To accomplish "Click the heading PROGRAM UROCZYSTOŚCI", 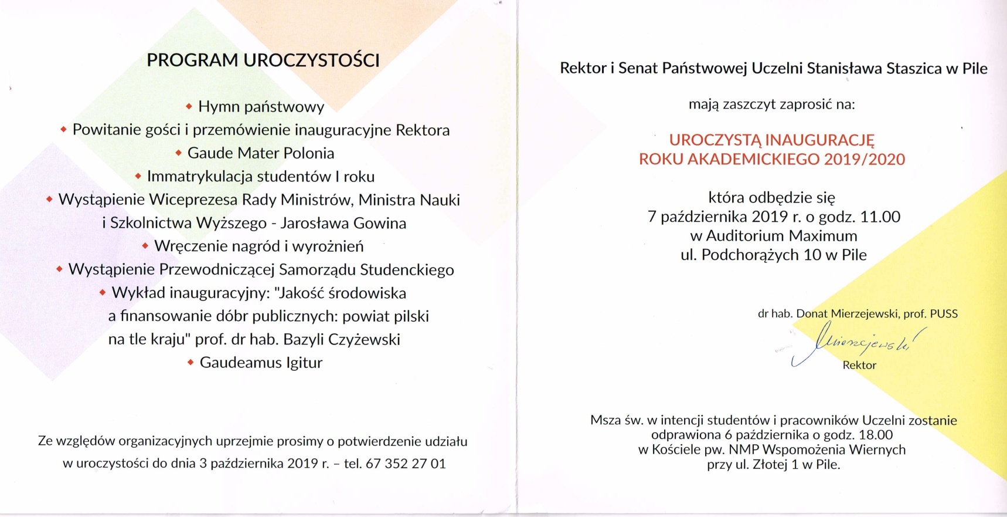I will click(263, 60).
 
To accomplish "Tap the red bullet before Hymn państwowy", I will click(189, 107).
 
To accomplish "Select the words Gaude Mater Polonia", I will click(260, 153).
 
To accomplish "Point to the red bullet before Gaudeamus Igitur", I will click(190, 363).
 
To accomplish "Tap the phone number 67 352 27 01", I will click(406, 464).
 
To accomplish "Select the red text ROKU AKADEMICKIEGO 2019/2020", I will click(772, 159).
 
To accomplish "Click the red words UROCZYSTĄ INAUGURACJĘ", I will click(772, 140).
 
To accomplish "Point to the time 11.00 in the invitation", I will click(880, 217).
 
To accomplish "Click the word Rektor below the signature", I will click(859, 365).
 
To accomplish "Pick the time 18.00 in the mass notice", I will click(876, 435).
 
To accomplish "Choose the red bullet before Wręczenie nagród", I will click(145, 246).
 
